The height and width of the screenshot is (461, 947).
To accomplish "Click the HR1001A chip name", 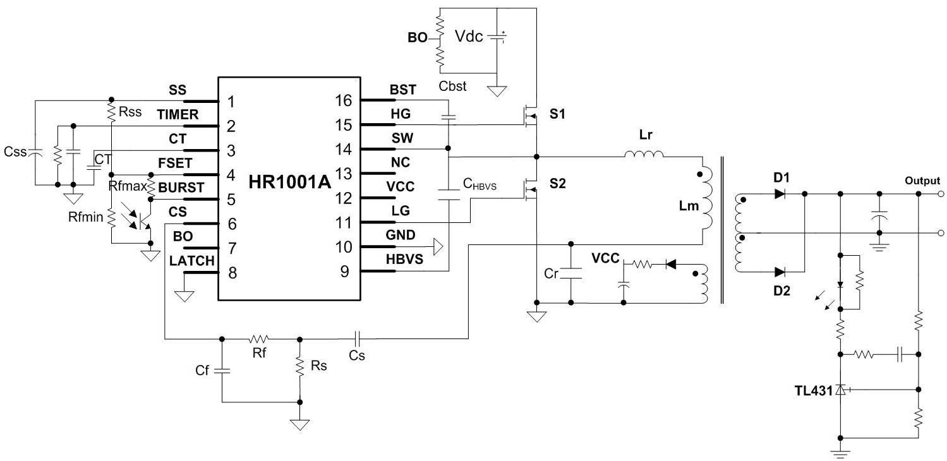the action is pyautogui.click(x=289, y=182).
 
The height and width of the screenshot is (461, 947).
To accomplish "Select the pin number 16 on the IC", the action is pyautogui.click(x=343, y=100).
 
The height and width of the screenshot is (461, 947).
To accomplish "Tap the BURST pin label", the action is pyautogui.click(x=181, y=188).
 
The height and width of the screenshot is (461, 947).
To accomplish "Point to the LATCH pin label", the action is pyautogui.click(x=192, y=261).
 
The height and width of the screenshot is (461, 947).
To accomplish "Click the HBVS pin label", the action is pyautogui.click(x=404, y=259).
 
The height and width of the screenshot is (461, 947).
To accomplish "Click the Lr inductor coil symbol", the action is pyautogui.click(x=644, y=153).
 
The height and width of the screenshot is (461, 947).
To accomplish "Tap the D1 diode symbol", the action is pyautogui.click(x=780, y=194).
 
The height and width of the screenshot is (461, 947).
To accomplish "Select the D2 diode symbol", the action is pyautogui.click(x=780, y=272).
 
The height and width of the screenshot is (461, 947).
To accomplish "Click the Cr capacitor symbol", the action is pyautogui.click(x=570, y=273).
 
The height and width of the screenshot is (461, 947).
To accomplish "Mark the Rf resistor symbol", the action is pyautogui.click(x=259, y=339).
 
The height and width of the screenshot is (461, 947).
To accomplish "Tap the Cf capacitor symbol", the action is pyautogui.click(x=222, y=371).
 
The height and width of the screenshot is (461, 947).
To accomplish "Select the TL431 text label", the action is pyautogui.click(x=814, y=391).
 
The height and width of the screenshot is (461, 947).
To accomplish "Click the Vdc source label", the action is pyautogui.click(x=469, y=37).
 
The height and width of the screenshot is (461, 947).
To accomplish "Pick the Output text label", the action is pyautogui.click(x=922, y=181).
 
